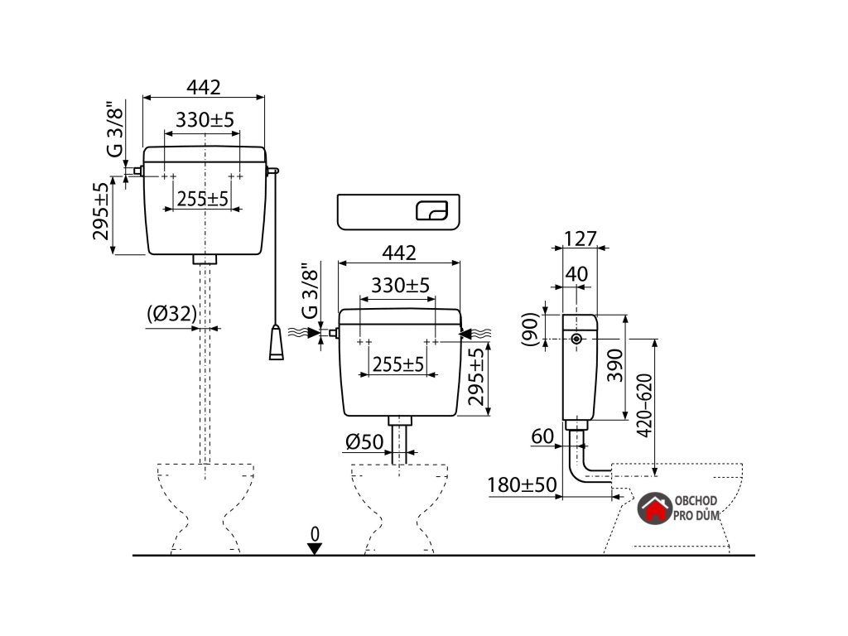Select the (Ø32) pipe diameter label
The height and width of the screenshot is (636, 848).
[172, 314]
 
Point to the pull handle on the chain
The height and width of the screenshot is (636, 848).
[276, 343]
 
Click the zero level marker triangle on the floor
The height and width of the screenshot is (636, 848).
[314, 547]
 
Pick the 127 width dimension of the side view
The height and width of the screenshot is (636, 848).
[581, 238]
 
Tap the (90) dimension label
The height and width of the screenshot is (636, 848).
[532, 330]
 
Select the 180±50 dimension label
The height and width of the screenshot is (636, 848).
[521, 484]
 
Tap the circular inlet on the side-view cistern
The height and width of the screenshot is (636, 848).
[576, 340]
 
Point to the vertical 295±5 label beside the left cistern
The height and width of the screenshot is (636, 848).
[101, 212]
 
